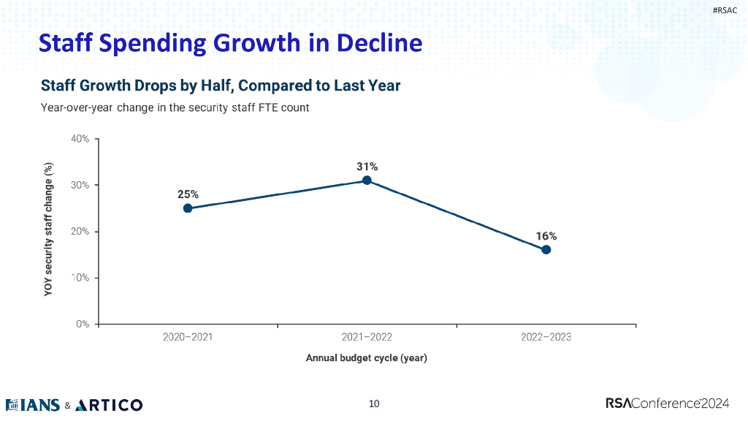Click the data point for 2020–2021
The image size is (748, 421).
click(x=188, y=208)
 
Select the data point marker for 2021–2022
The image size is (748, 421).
click(x=367, y=181)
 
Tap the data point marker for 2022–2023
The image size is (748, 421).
click(x=546, y=250)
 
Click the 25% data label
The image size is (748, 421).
click(x=188, y=194)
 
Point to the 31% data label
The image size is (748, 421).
click(x=367, y=167)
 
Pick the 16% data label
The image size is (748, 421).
click(x=546, y=236)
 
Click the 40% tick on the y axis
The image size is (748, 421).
click(x=80, y=139)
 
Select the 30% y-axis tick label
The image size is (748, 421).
click(x=80, y=185)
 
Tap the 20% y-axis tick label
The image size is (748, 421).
click(x=80, y=232)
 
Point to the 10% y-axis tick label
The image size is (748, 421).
click(x=80, y=278)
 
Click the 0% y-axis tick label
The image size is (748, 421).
click(x=83, y=324)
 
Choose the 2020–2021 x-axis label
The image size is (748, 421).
click(x=188, y=338)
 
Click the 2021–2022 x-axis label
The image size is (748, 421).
click(x=367, y=338)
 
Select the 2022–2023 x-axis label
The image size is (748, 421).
click(x=546, y=338)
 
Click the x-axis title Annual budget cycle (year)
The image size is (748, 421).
click(x=366, y=358)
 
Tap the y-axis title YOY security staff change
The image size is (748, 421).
click(x=49, y=231)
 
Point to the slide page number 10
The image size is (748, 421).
click(x=374, y=403)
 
